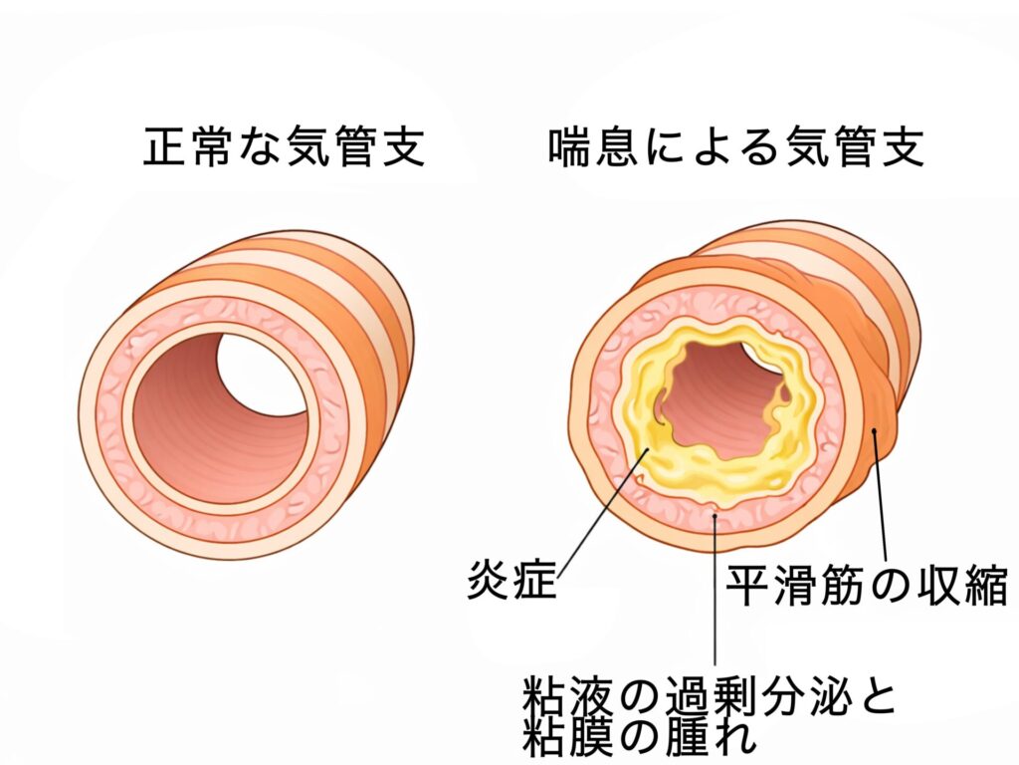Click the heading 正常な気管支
pos(285,147)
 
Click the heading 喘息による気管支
pos(736,147)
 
